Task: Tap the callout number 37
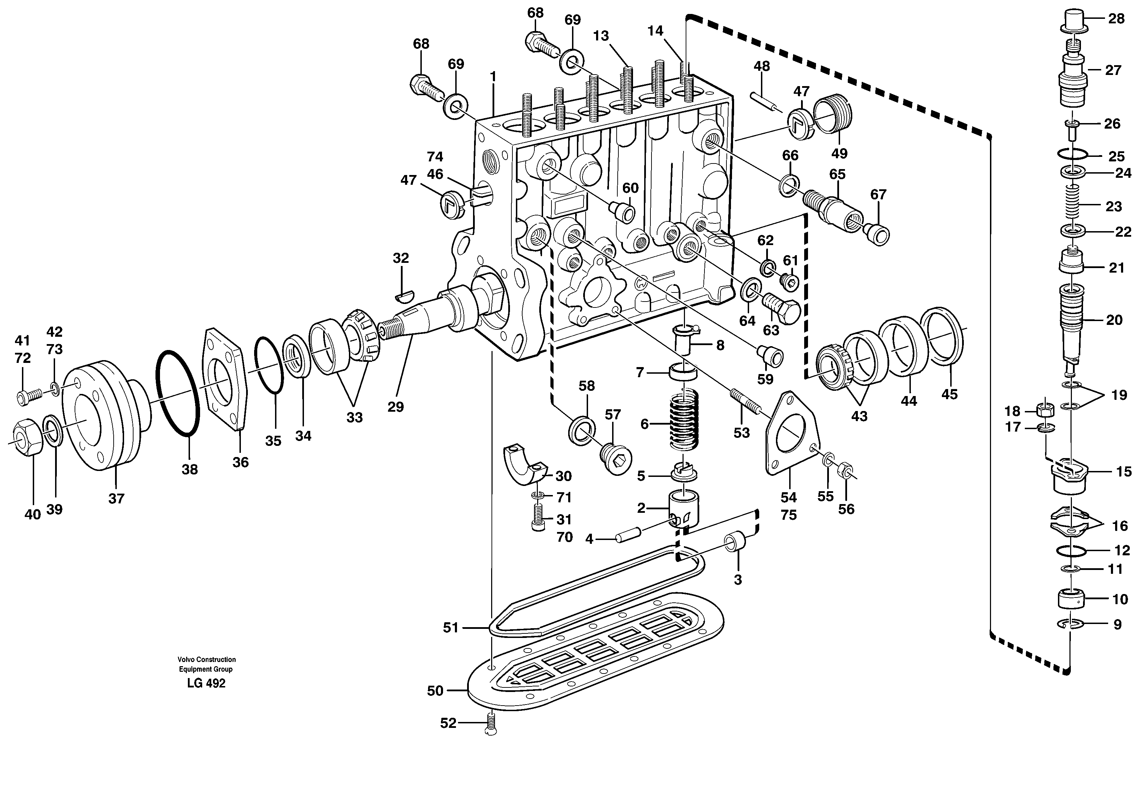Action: point(116,498)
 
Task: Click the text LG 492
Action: point(206,684)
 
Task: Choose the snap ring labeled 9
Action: point(1068,624)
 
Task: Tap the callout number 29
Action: point(396,407)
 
